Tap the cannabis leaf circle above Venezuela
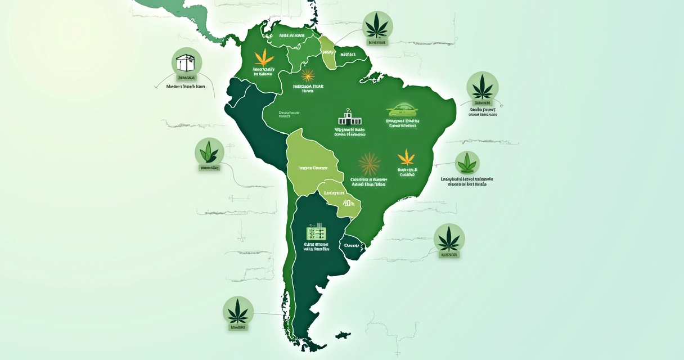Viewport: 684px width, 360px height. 378,25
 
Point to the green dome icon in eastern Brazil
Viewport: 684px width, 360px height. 403,110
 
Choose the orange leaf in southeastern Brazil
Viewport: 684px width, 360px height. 406,156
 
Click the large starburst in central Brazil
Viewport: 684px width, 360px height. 369,164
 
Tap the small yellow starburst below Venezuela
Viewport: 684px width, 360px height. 308,75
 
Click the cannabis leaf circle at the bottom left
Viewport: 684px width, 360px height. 238,310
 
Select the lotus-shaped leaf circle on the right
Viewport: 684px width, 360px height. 467,163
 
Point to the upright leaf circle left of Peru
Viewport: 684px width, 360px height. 209,151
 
